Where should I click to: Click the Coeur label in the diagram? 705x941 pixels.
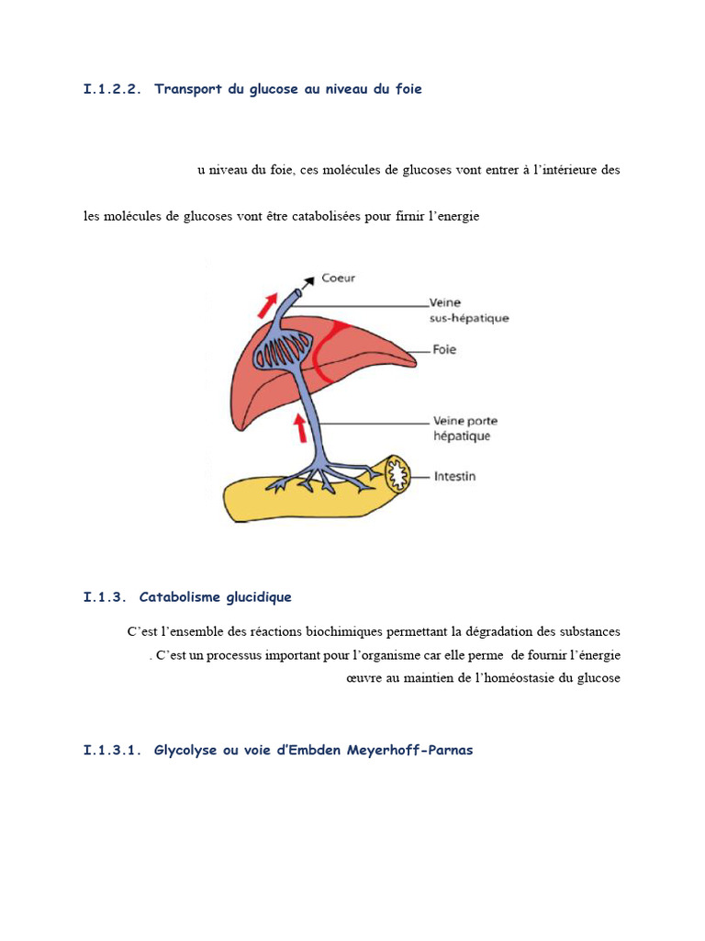click(x=338, y=278)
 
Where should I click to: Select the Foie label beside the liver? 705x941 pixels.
click(x=442, y=350)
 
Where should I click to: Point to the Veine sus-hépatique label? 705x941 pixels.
click(x=468, y=310)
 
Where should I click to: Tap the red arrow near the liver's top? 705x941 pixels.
click(x=268, y=303)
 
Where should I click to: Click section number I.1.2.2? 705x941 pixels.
click(x=113, y=89)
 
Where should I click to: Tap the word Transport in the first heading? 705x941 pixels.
click(x=188, y=89)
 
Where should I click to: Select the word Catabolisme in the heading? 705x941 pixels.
click(x=177, y=597)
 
